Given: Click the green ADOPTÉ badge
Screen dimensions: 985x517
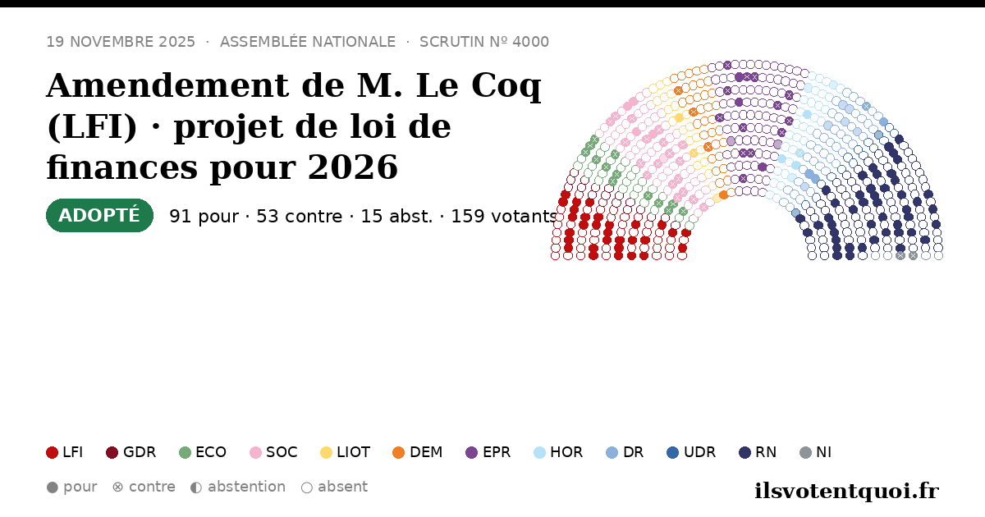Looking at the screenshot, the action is (x=99, y=215).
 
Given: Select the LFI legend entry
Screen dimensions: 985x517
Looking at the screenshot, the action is (x=64, y=452).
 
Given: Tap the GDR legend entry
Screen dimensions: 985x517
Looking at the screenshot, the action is (x=131, y=452).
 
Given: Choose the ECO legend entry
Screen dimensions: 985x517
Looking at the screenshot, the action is (x=203, y=452).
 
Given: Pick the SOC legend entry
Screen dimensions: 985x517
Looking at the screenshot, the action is (x=273, y=452).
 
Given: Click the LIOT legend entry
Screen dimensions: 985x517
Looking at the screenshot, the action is (x=346, y=452).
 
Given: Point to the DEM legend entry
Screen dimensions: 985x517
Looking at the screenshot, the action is (x=417, y=452).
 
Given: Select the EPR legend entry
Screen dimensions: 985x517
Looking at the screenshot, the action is (x=488, y=452).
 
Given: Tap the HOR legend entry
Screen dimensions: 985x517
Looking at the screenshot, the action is (x=558, y=452).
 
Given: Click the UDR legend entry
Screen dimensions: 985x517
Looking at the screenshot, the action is (x=691, y=452).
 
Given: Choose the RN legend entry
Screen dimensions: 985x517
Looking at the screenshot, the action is (x=758, y=452).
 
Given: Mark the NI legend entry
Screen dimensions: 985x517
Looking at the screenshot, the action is (x=816, y=452).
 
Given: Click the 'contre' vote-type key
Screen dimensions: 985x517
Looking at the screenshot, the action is (x=144, y=487).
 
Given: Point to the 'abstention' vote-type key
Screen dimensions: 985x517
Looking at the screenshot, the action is (x=238, y=487).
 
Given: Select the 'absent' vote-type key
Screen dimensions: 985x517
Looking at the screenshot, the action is (x=334, y=487).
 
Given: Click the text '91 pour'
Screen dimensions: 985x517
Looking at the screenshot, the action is (x=204, y=217).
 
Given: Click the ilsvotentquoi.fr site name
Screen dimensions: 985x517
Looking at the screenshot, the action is (x=847, y=491).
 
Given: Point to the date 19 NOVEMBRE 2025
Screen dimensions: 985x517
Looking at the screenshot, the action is (x=121, y=42).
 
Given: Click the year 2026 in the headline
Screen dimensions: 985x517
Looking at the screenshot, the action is (x=353, y=167).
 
